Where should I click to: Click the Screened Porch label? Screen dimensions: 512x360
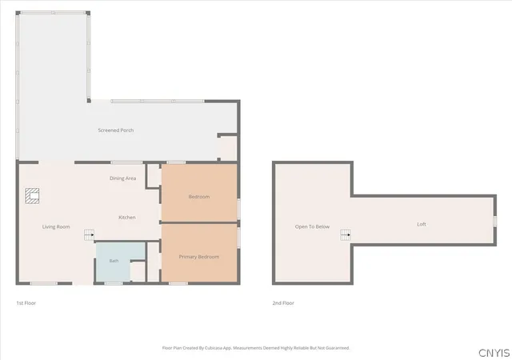tap(116, 130)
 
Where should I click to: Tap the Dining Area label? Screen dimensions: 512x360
tap(122, 178)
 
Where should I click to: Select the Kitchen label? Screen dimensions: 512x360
tap(127, 218)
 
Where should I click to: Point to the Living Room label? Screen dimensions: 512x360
tap(56, 226)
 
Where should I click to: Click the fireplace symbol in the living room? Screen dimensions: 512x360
tap(32, 196)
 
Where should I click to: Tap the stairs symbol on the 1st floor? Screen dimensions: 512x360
tap(89, 235)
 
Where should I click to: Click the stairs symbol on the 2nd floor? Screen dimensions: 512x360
tap(346, 234)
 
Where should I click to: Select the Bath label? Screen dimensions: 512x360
tap(114, 261)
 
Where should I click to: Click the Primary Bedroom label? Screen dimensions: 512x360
tap(199, 257)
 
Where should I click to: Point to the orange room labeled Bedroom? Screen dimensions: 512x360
tap(199, 193)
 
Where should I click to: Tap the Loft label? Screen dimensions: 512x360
tap(422, 224)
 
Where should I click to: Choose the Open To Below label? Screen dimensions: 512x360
tap(312, 226)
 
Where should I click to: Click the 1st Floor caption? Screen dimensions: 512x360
tap(26, 303)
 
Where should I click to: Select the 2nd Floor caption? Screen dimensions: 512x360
tap(283, 303)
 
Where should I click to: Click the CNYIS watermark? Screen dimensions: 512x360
tap(494, 353)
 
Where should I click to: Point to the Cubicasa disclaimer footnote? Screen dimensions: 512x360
tap(256, 348)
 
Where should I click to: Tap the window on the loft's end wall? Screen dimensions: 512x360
tap(494, 221)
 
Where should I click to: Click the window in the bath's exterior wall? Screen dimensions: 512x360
tap(114, 283)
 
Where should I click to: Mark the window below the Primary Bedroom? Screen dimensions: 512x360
tap(178, 283)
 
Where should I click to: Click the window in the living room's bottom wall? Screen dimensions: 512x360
tap(44, 283)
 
